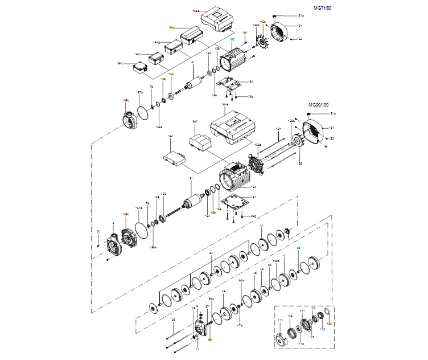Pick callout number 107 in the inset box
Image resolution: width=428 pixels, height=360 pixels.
tap(311, 337)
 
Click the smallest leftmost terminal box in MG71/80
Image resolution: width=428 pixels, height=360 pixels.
tap(139, 68)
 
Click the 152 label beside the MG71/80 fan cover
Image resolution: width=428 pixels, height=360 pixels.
tap(299, 39)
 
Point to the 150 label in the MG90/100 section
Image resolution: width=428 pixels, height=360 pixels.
tap(254, 186)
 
